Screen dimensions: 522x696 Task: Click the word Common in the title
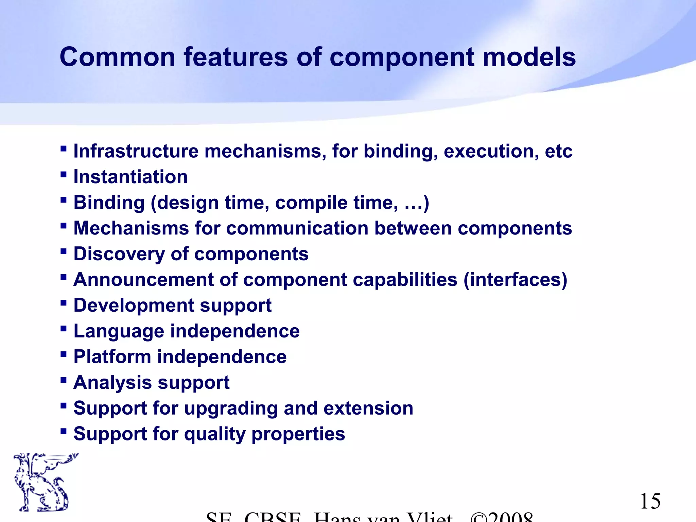(117, 57)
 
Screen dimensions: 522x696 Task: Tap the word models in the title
(529, 57)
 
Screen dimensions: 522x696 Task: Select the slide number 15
(650, 501)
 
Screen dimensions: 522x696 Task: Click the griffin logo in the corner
(42, 482)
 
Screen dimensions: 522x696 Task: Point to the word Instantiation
(130, 177)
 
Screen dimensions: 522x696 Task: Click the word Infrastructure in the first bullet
(136, 151)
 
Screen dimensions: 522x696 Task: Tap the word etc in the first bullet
(559, 151)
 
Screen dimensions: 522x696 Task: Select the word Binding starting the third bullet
(109, 203)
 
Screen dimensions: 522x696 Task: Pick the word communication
(297, 228)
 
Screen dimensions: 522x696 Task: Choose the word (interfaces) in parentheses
(515, 280)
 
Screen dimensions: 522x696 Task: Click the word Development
(134, 306)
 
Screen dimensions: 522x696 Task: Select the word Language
(119, 331)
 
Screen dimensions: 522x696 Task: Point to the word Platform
(112, 357)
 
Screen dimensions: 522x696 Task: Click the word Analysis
(112, 383)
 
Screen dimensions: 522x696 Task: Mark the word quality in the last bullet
(215, 434)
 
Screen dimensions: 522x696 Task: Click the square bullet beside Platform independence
(63, 354)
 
